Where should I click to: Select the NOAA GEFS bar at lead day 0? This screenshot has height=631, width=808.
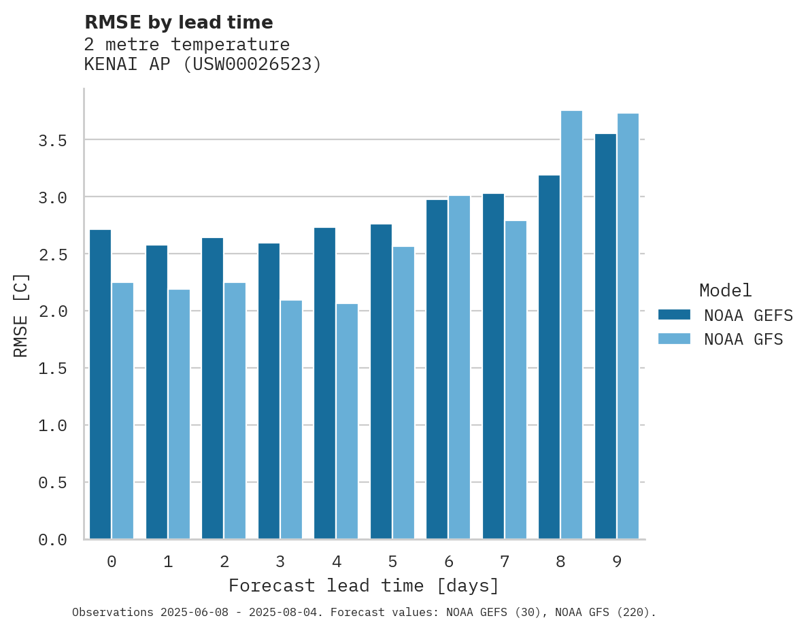[100, 384]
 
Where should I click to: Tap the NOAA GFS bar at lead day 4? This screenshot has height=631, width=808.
[347, 422]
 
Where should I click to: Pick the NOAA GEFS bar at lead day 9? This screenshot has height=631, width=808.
[605, 337]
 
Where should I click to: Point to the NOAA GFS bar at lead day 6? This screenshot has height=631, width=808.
[459, 367]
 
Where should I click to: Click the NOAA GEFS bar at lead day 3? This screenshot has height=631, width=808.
[269, 391]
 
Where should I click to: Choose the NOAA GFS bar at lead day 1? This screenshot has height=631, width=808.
[179, 414]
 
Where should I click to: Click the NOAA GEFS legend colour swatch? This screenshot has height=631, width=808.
[674, 315]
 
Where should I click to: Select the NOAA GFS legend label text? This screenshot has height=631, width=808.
[743, 339]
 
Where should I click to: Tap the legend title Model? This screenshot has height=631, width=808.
[725, 291]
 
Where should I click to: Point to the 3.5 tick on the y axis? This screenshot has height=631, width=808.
[52, 141]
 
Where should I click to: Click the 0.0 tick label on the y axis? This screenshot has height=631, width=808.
[52, 540]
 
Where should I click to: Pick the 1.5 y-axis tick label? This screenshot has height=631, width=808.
[52, 369]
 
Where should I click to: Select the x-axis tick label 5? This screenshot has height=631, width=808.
[392, 562]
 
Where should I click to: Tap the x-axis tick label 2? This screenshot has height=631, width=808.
[224, 562]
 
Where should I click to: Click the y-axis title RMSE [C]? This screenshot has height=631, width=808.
[21, 315]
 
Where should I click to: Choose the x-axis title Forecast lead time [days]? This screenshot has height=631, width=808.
[364, 586]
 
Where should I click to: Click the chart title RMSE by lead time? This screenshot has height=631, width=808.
[178, 22]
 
